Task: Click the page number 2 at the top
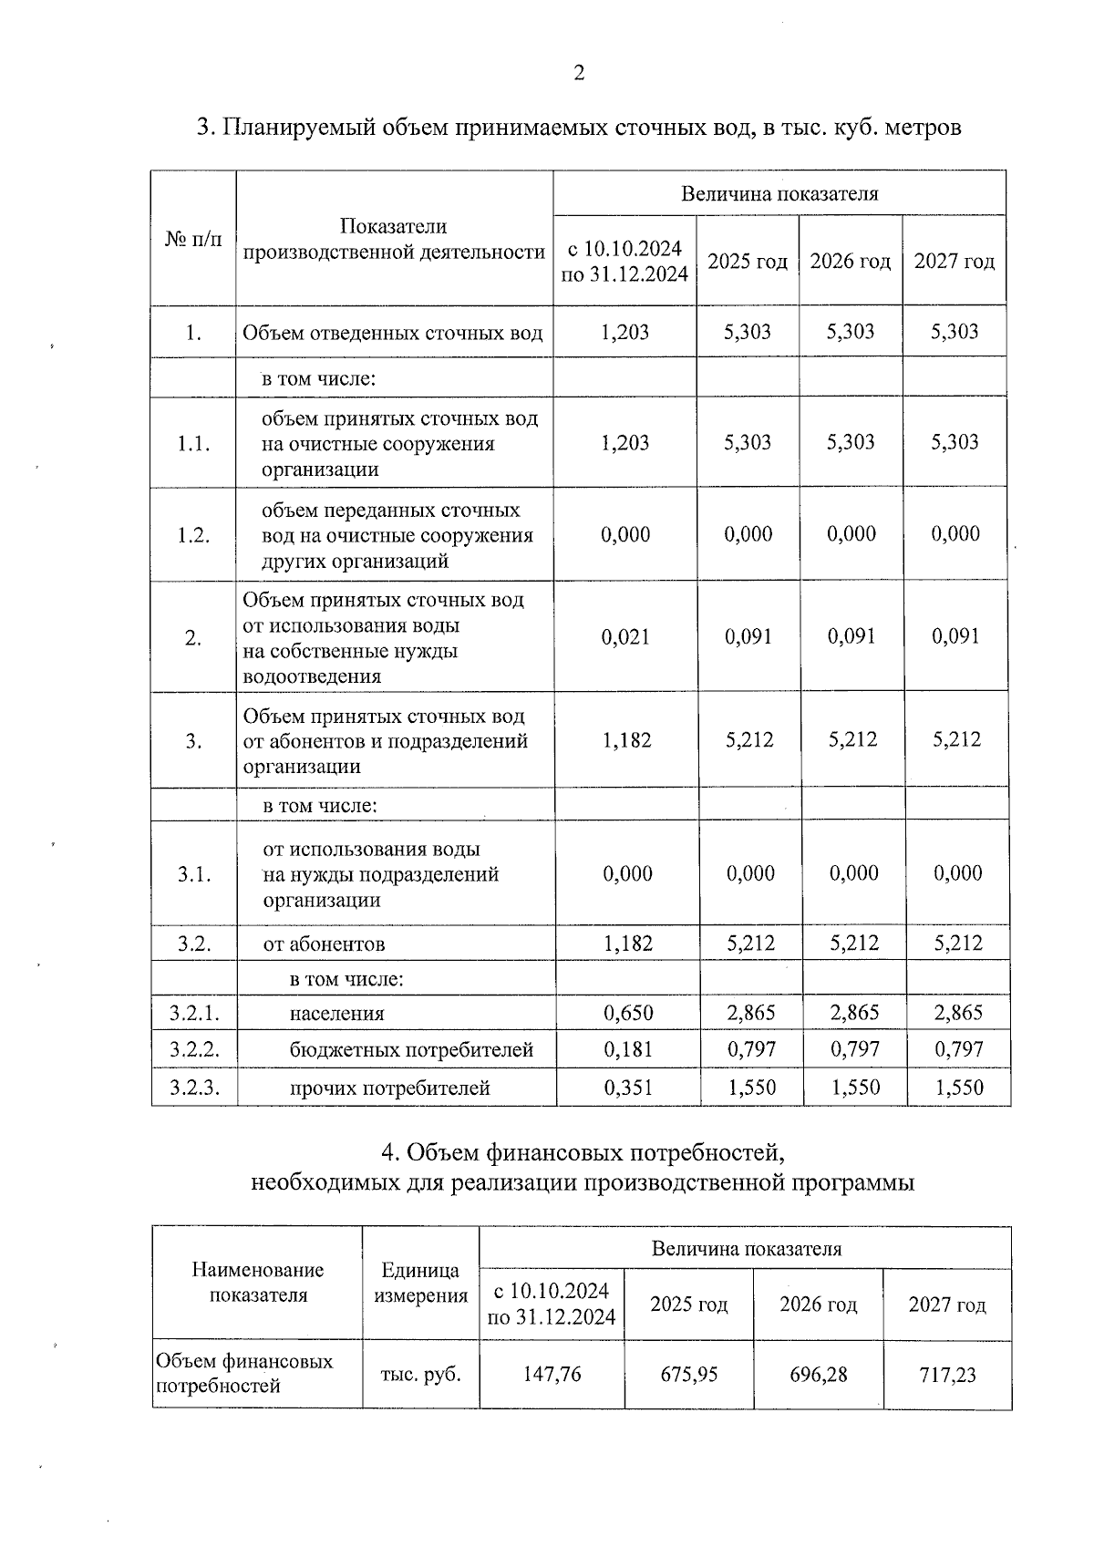click(578, 74)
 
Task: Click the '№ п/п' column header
click(192, 240)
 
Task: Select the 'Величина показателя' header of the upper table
click(779, 193)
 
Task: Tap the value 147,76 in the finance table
click(552, 1374)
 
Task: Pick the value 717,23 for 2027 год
click(947, 1374)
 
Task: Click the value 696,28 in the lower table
click(818, 1374)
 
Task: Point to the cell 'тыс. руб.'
click(420, 1374)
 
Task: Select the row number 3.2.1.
click(194, 1013)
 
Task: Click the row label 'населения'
click(337, 1013)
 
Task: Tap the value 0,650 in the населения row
click(628, 1013)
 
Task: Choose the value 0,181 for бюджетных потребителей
click(628, 1049)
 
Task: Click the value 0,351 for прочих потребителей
click(628, 1088)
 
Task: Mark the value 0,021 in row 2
click(625, 636)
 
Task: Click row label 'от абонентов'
click(324, 944)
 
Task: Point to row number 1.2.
click(193, 535)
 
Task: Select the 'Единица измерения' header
click(420, 1283)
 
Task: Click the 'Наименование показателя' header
click(258, 1283)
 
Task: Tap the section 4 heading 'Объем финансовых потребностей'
click(582, 1153)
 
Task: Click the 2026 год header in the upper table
click(850, 262)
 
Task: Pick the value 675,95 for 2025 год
click(688, 1374)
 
